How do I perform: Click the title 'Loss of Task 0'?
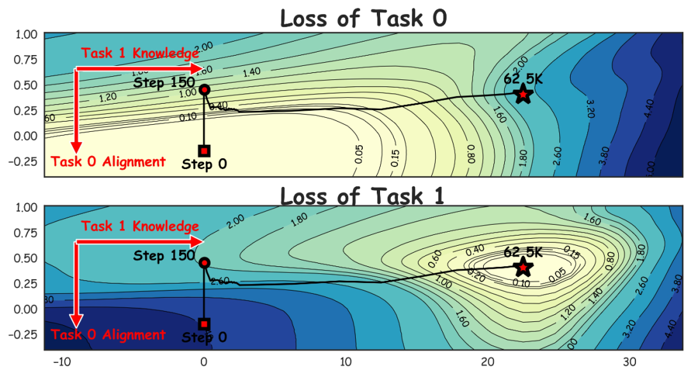[x=363, y=18]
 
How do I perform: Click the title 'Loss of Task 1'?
[x=363, y=195]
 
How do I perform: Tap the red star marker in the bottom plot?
[x=524, y=268]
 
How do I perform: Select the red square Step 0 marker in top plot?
[x=204, y=151]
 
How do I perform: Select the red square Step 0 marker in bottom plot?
[x=204, y=324]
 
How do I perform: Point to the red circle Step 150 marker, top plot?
[x=204, y=90]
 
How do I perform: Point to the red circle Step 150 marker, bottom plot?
[x=204, y=262]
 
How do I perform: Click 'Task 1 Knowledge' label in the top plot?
[x=140, y=53]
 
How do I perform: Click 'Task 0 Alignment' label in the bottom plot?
[x=108, y=335]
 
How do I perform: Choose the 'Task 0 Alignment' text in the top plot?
[x=108, y=162]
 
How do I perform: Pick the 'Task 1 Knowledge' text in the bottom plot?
[x=140, y=227]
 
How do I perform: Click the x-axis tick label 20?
[x=488, y=362]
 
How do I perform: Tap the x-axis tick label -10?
[x=61, y=362]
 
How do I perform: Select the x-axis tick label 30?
[x=630, y=362]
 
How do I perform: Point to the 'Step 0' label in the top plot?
[x=204, y=164]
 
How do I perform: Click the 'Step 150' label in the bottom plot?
[x=164, y=256]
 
